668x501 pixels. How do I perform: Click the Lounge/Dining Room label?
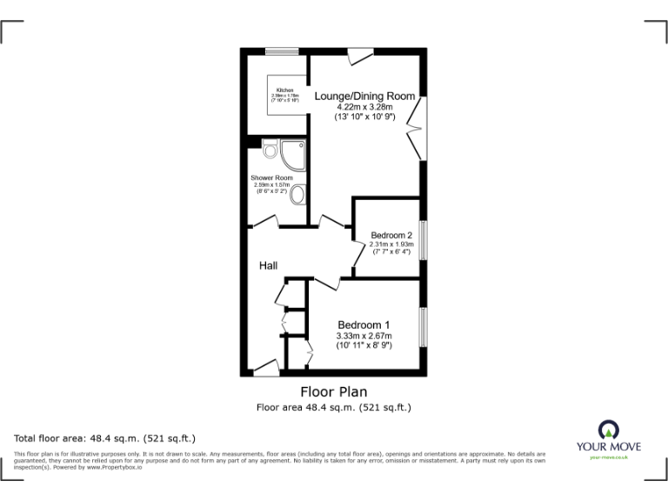[x=364, y=96]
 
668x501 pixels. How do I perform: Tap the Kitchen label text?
[x=284, y=90]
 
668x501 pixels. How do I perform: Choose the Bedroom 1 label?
[x=364, y=324]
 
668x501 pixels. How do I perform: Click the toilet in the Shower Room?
[x=269, y=152]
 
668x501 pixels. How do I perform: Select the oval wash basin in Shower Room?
[x=298, y=194]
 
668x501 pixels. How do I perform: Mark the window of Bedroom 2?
[x=424, y=239]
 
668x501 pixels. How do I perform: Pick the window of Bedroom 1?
[x=424, y=327]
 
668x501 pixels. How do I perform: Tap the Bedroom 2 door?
[x=358, y=256]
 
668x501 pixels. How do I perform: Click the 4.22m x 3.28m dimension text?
[x=364, y=107]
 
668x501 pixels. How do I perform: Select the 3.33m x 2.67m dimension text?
[x=364, y=336]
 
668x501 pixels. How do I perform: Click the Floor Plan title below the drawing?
[x=333, y=391]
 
